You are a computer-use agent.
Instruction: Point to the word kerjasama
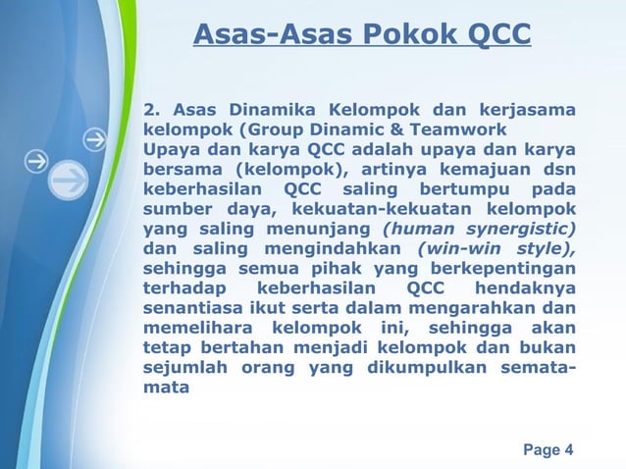[528, 107]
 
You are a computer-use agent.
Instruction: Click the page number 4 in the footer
[569, 450]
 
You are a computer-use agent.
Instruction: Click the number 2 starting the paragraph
[150, 107]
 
